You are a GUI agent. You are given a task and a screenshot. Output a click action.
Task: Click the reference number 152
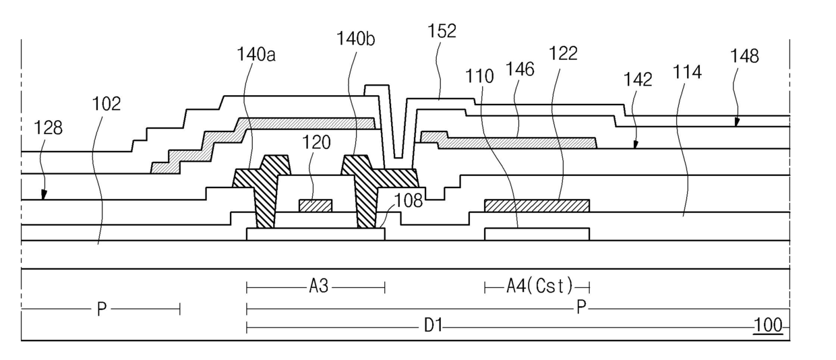(442, 31)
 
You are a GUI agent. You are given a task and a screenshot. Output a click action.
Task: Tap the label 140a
(256, 55)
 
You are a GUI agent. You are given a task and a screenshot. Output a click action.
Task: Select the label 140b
(356, 38)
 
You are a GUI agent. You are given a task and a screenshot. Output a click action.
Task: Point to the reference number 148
(744, 56)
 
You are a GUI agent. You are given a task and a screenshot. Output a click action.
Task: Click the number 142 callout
(638, 80)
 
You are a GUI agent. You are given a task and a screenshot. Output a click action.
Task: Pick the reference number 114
(687, 71)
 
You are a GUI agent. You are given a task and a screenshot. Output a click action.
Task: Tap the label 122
(563, 53)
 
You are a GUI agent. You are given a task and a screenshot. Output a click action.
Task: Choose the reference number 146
(520, 69)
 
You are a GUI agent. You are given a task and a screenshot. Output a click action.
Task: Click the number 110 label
(479, 76)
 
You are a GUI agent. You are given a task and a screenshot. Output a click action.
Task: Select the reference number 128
(48, 128)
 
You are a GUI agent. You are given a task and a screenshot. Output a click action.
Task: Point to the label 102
(107, 104)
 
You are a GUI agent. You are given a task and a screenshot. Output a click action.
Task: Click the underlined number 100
(768, 326)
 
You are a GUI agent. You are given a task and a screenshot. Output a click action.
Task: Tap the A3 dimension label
(319, 287)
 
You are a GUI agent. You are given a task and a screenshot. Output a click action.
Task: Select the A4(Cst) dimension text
(539, 286)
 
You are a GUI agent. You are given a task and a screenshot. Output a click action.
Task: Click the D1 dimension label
(433, 326)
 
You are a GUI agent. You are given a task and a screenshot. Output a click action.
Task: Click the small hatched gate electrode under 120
(316, 206)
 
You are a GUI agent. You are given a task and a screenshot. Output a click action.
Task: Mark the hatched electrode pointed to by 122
(537, 206)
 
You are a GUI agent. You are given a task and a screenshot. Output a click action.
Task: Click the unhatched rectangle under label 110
(537, 235)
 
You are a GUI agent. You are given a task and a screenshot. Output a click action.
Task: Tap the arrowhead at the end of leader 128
(44, 194)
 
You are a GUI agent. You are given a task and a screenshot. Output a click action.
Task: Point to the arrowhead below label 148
(737, 122)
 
